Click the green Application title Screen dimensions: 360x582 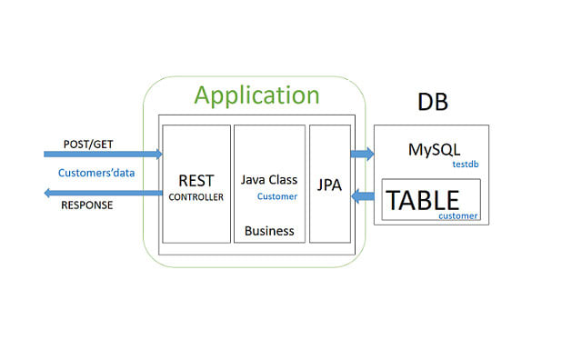(x=257, y=95)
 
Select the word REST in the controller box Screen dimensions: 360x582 (x=196, y=180)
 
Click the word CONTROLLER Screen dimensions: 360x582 (x=196, y=196)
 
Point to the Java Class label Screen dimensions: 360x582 (x=269, y=180)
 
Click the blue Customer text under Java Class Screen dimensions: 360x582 (x=277, y=196)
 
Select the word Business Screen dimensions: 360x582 (x=269, y=231)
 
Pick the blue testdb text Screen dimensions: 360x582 (x=467, y=165)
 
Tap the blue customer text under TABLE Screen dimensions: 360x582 (x=457, y=216)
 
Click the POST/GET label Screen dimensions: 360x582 (x=88, y=145)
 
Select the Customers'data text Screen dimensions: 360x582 (x=89, y=171)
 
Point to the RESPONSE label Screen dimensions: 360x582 (x=87, y=205)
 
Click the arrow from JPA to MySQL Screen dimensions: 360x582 (x=362, y=154)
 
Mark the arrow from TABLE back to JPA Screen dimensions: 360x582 (x=362, y=194)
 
